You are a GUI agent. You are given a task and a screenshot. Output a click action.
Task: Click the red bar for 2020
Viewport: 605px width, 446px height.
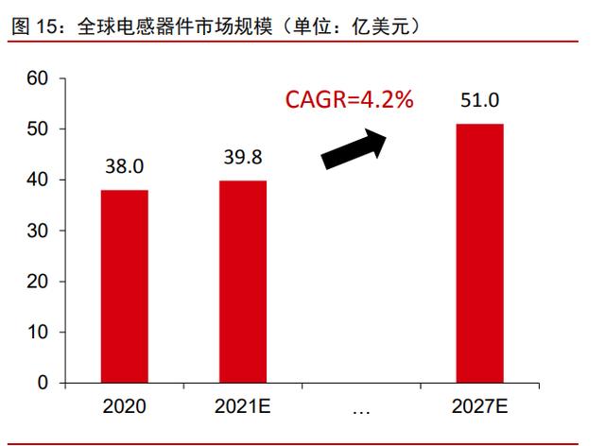click(x=125, y=286)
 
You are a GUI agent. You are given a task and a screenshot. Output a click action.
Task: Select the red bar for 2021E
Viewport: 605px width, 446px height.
click(x=243, y=282)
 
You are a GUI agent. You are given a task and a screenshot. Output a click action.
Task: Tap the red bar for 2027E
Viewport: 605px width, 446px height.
click(x=480, y=253)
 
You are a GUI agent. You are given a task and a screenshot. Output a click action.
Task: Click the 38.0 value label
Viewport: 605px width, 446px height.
click(x=124, y=167)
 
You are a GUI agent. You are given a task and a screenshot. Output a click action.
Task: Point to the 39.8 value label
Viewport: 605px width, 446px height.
click(x=243, y=158)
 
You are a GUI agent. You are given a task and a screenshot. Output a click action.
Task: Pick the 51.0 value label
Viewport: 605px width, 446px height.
click(x=480, y=101)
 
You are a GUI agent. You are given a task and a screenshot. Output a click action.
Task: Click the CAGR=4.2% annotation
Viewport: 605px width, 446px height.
click(x=350, y=99)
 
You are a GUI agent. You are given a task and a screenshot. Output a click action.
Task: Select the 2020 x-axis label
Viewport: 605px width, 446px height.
click(x=125, y=407)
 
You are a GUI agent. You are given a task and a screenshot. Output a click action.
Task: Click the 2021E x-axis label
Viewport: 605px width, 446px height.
click(x=243, y=407)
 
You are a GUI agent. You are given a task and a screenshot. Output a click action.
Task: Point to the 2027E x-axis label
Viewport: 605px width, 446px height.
click(x=480, y=407)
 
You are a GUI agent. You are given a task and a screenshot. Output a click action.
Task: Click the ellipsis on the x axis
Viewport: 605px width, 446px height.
click(x=361, y=409)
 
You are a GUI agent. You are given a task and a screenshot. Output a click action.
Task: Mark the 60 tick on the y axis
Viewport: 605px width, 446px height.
click(x=37, y=78)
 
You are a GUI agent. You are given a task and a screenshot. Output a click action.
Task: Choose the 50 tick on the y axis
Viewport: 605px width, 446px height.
click(x=37, y=129)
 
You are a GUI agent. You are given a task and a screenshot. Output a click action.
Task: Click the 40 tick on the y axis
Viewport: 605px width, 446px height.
click(x=37, y=180)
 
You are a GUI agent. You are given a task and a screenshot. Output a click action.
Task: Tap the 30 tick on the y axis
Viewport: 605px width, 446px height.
click(x=37, y=232)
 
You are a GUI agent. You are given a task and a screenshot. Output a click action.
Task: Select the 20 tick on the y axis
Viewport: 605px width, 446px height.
click(x=37, y=283)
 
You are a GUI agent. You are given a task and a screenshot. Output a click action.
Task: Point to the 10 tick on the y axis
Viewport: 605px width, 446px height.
click(x=37, y=334)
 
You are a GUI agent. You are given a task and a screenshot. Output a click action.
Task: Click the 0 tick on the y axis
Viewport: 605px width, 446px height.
click(x=43, y=385)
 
